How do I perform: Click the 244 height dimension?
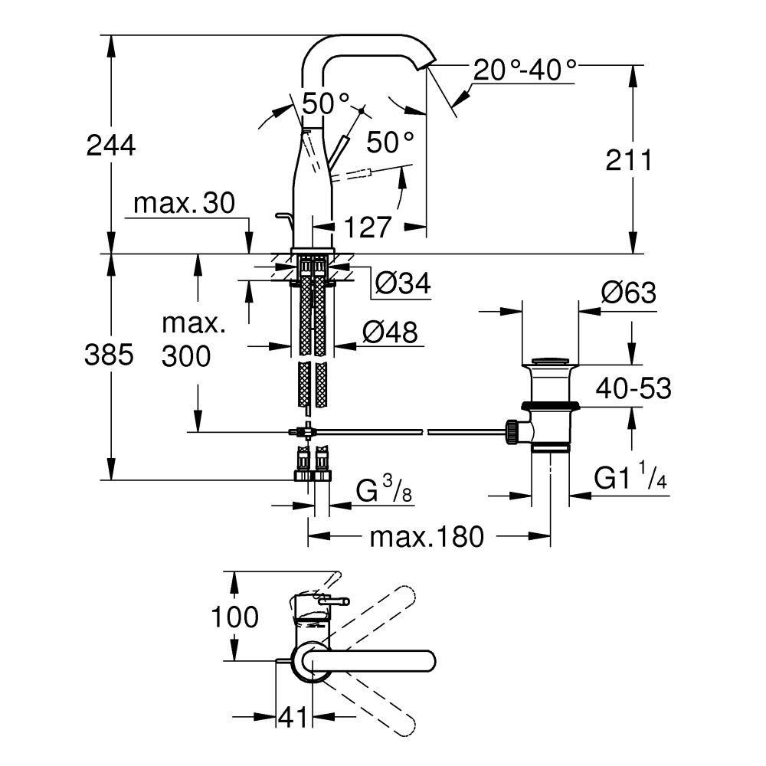pyautogui.click(x=111, y=144)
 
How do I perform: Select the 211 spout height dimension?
pyautogui.click(x=629, y=160)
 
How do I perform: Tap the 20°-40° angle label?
pyautogui.click(x=525, y=70)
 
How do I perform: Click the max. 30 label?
pyautogui.click(x=184, y=204)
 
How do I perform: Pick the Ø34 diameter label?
pyautogui.click(x=403, y=285)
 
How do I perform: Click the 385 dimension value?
pyautogui.click(x=111, y=354)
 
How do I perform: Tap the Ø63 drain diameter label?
pyautogui.click(x=629, y=293)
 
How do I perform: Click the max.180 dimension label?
pyautogui.click(x=427, y=537)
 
